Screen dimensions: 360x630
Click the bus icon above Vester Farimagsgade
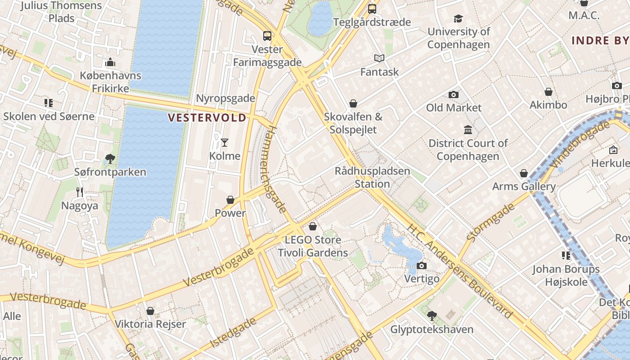pyautogui.click(x=267, y=36)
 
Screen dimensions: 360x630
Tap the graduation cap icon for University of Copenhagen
pyautogui.click(x=458, y=18)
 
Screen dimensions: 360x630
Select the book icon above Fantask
pyautogui.click(x=379, y=58)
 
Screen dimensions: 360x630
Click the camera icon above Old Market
pyautogui.click(x=453, y=94)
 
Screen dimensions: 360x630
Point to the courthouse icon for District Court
pyautogui.click(x=468, y=130)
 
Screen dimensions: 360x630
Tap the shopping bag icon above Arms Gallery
pyautogui.click(x=524, y=173)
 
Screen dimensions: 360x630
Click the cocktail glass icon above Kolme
pyautogui.click(x=225, y=143)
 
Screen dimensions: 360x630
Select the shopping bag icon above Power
pyautogui.click(x=230, y=200)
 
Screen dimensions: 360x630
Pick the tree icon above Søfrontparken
pyautogui.click(x=110, y=158)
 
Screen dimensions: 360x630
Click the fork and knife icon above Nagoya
pyautogui.click(x=80, y=192)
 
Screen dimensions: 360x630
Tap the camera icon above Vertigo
pyautogui.click(x=421, y=265)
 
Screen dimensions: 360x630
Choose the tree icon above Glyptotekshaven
pyautogui.click(x=432, y=316)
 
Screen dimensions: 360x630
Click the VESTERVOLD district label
pyautogui.click(x=207, y=118)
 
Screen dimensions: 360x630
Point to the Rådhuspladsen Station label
pyautogui.click(x=372, y=177)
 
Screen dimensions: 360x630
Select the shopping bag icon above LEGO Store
pyautogui.click(x=313, y=226)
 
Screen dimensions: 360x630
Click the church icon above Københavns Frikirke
pyautogui.click(x=110, y=62)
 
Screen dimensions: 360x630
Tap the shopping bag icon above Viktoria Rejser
pyautogui.click(x=150, y=311)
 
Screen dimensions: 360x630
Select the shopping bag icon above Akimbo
pyautogui.click(x=549, y=92)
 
